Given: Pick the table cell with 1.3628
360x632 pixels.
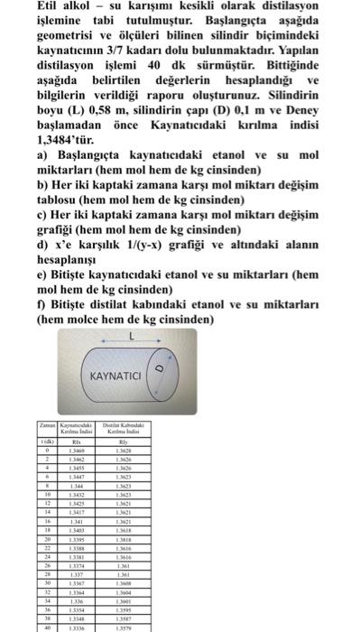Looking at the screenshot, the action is (123, 450).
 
